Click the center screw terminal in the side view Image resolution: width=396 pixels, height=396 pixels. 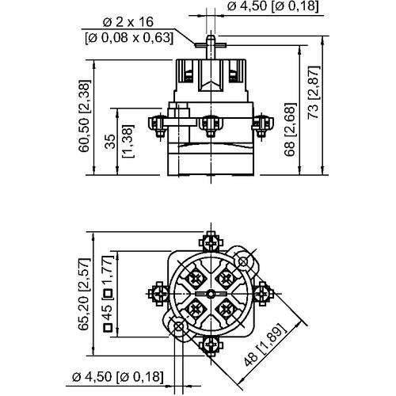(x=211, y=123)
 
